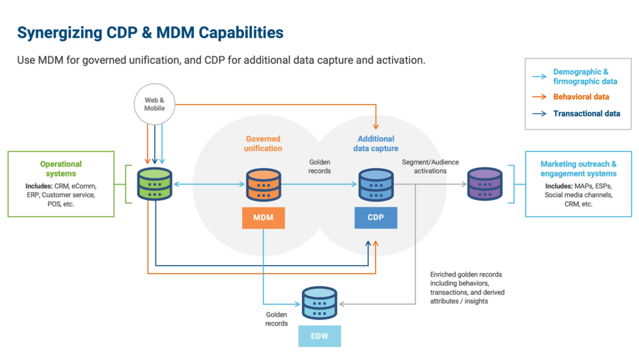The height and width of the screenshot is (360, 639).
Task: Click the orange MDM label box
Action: click(263, 217)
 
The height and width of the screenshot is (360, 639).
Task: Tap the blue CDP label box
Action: click(376, 217)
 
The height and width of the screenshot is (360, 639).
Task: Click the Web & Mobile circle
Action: click(155, 104)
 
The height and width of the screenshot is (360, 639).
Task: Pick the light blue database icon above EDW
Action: click(319, 303)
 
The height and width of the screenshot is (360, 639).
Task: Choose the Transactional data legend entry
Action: click(586, 114)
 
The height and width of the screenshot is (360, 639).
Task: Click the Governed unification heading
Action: click(263, 144)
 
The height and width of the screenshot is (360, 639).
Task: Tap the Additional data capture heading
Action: click(376, 144)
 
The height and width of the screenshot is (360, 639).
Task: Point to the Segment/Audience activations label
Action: click(431, 167)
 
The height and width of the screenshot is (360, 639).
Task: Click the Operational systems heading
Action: click(61, 168)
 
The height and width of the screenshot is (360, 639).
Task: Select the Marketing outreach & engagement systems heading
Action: click(578, 168)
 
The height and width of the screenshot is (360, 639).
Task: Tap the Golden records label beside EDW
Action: click(276, 319)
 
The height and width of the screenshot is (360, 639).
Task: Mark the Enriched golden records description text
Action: click(467, 288)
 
